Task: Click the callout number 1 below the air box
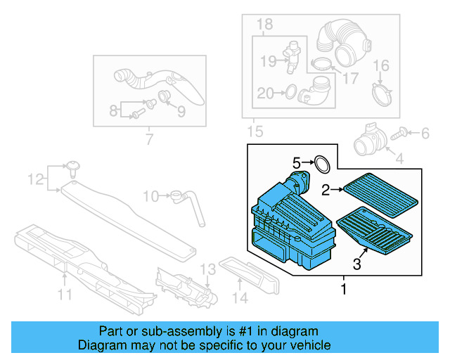(x=343, y=288)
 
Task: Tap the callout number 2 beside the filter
(x=326, y=188)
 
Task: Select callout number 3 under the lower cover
(x=357, y=264)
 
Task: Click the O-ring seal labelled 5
(x=322, y=165)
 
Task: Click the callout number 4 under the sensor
(x=399, y=159)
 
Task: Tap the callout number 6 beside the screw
(x=424, y=132)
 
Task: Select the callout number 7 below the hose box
(x=149, y=139)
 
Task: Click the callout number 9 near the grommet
(x=180, y=111)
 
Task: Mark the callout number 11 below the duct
(x=65, y=295)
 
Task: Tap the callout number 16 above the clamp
(x=380, y=67)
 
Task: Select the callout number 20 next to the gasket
(x=265, y=92)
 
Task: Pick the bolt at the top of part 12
(x=73, y=166)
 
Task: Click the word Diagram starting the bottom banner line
(x=104, y=345)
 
